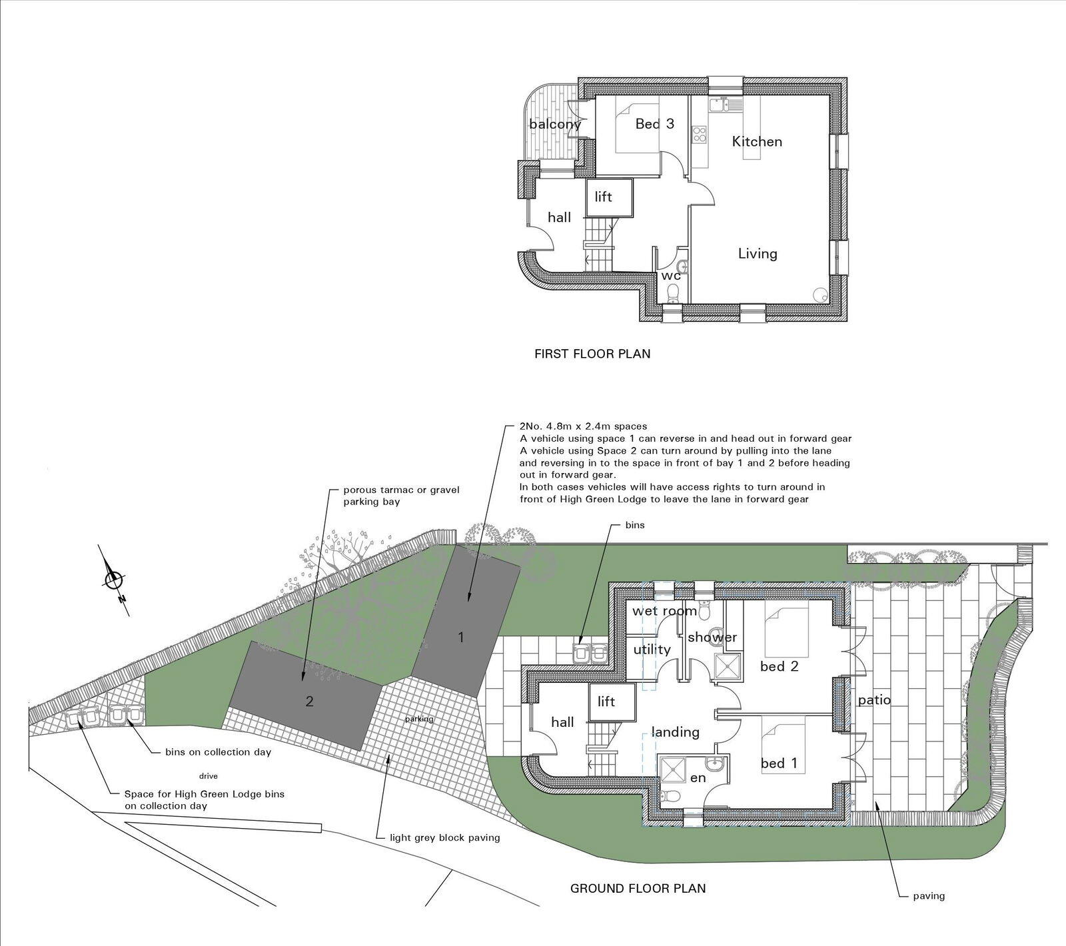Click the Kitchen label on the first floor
(757, 141)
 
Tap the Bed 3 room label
(654, 124)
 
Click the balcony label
(555, 124)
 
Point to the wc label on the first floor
(670, 275)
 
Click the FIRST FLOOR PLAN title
(592, 354)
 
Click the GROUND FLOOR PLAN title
(638, 888)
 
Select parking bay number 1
(460, 637)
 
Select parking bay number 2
(309, 701)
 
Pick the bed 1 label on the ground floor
(779, 763)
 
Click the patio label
(874, 700)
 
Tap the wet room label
(664, 611)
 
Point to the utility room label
(652, 650)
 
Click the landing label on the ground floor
(675, 732)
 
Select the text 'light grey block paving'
(444, 837)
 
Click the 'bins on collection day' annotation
(218, 752)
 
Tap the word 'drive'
(209, 776)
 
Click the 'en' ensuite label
(698, 777)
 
